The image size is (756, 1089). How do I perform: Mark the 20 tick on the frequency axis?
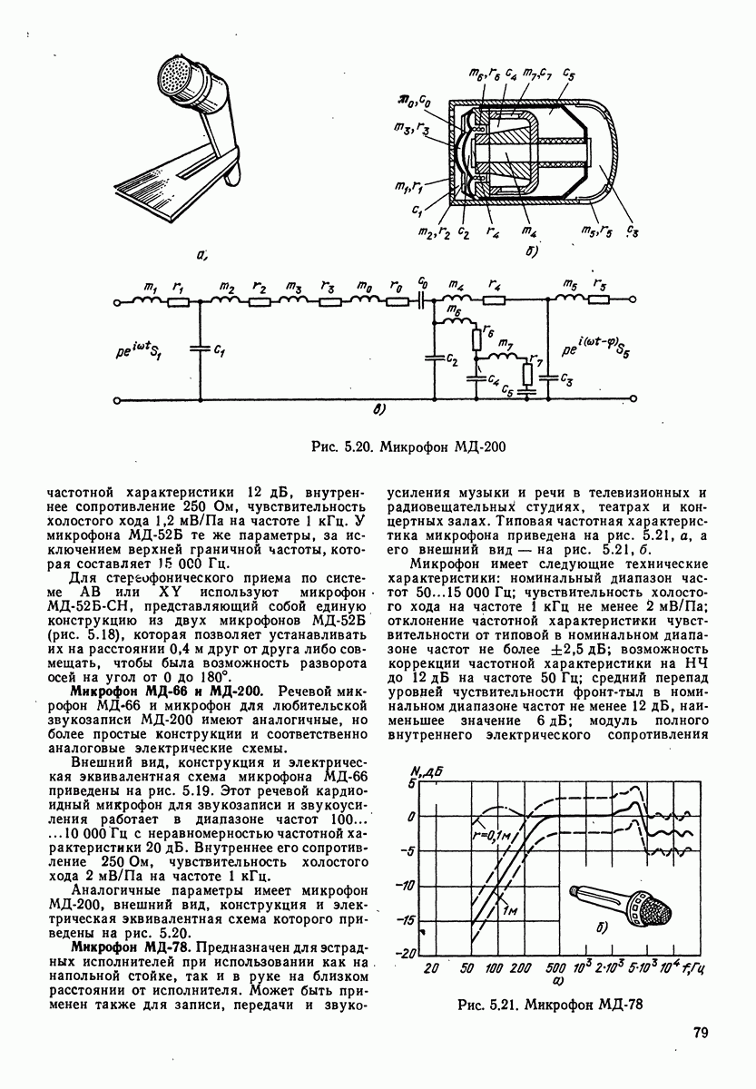tap(432, 967)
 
